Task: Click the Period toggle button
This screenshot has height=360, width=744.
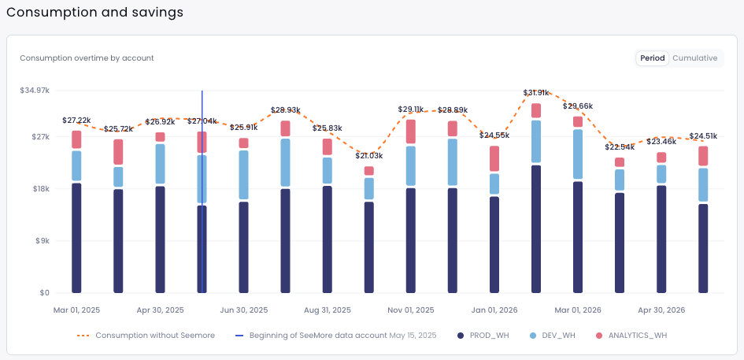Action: pyautogui.click(x=652, y=58)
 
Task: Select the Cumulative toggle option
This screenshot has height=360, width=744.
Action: pyautogui.click(x=694, y=58)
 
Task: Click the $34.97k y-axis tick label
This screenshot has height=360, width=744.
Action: pyautogui.click(x=35, y=91)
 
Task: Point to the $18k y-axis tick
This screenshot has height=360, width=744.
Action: pyautogui.click(x=39, y=189)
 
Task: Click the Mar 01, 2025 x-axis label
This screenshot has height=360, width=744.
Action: pyautogui.click(x=76, y=310)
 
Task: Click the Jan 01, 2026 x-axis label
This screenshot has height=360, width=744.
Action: pyautogui.click(x=494, y=310)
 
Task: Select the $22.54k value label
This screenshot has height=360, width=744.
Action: pyautogui.click(x=620, y=147)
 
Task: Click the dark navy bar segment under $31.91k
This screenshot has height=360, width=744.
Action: pyautogui.click(x=536, y=228)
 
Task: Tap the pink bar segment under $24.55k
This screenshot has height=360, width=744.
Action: pyautogui.click(x=494, y=158)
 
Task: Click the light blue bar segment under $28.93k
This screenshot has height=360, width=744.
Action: pyautogui.click(x=286, y=162)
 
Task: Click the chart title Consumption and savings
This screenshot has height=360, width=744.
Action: pyautogui.click(x=95, y=13)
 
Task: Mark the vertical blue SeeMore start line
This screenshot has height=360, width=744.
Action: pyautogui.click(x=202, y=236)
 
